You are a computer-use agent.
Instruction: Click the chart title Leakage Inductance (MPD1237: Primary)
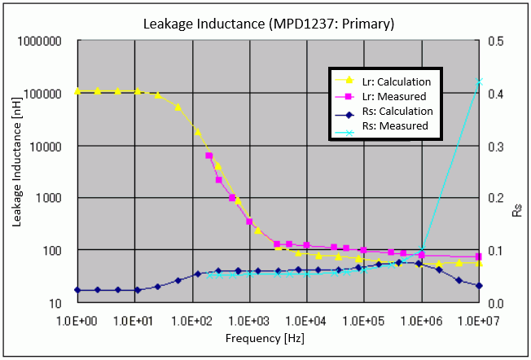269,24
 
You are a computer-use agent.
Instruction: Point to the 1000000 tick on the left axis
40,42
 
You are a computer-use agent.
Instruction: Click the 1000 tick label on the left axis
49,198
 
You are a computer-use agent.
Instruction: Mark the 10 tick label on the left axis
55,303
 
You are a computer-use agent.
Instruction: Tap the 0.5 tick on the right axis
496,42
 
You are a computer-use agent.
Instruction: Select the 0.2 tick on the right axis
496,198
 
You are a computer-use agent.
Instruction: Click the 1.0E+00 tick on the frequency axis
77,321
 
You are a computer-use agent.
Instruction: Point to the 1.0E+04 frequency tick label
305,321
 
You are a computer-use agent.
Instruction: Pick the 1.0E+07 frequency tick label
479,321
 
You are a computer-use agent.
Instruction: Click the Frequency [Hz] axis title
265,338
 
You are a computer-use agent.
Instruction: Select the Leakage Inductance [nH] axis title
16,162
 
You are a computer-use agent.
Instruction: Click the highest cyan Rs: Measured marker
479,81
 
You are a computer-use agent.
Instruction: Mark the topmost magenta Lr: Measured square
209,156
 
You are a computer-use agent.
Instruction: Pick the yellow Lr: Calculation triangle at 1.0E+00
77,90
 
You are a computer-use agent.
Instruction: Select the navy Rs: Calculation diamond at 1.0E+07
479,286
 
